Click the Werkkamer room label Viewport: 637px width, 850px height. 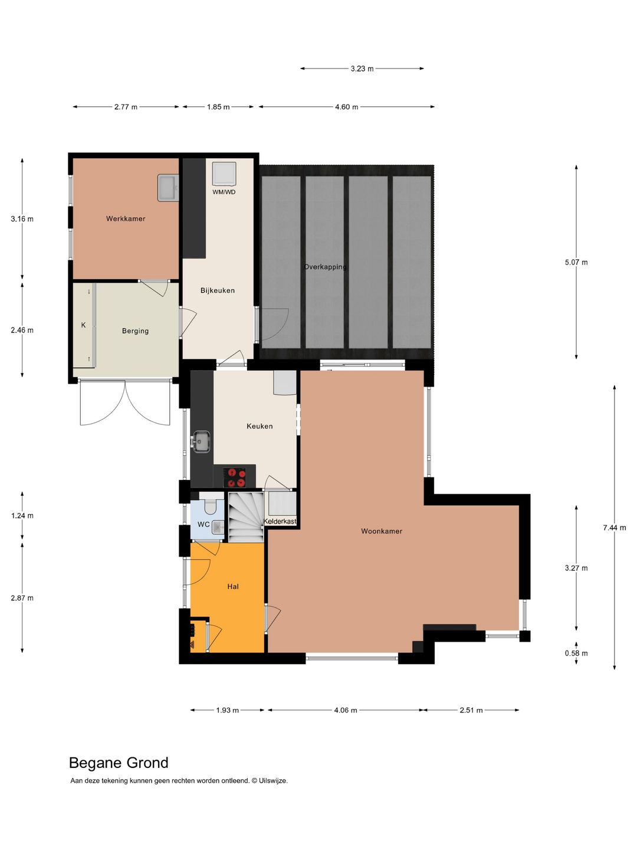pyautogui.click(x=126, y=219)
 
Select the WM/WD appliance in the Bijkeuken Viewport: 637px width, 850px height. pyautogui.click(x=224, y=174)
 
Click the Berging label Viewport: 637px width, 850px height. pyautogui.click(x=135, y=331)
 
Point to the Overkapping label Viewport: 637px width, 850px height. pyautogui.click(x=325, y=267)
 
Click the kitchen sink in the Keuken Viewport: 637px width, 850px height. pyautogui.click(x=201, y=441)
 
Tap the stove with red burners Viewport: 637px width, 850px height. pyautogui.click(x=237, y=477)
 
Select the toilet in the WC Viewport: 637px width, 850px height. pyautogui.click(x=211, y=506)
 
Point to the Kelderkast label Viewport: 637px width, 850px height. pyautogui.click(x=280, y=522)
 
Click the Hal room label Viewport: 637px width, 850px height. pyautogui.click(x=233, y=587)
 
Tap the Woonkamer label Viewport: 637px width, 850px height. pyautogui.click(x=382, y=531)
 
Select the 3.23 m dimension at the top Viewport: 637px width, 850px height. pyautogui.click(x=362, y=69)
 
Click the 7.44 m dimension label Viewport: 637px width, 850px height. pyautogui.click(x=614, y=528)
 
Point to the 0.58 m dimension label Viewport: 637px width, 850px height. pyautogui.click(x=576, y=653)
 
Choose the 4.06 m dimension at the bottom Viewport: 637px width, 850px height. pyautogui.click(x=346, y=710)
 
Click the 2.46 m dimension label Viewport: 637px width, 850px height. pyautogui.click(x=22, y=331)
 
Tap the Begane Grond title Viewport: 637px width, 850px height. pyautogui.click(x=119, y=763)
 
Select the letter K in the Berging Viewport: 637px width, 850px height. pyautogui.click(x=83, y=325)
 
